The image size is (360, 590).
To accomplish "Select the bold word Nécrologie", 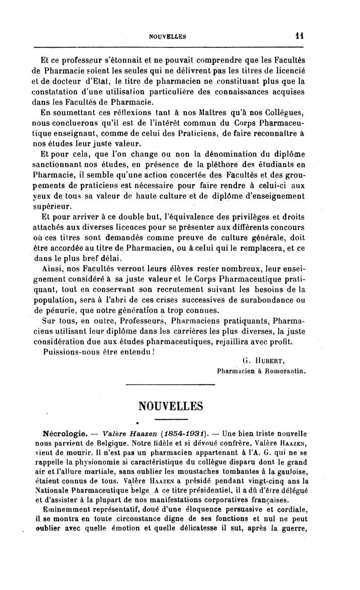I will pyautogui.click(x=66, y=435).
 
